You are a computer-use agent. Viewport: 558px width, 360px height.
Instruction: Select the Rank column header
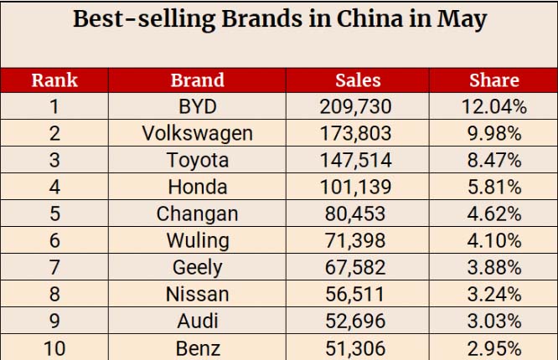point(54,80)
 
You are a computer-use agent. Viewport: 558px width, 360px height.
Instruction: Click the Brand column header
point(198,80)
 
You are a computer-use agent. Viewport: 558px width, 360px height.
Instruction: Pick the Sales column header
point(358,80)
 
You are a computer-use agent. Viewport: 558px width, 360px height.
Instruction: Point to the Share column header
point(494,80)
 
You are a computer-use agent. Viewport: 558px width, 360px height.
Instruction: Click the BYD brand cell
point(198,106)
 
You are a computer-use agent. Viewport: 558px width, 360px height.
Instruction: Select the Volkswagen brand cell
point(198,134)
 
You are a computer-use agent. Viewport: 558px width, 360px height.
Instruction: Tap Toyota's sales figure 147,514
point(356,160)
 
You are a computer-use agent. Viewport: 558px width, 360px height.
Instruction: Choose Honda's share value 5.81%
point(494,187)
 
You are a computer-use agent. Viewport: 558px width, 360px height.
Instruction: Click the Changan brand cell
point(198,214)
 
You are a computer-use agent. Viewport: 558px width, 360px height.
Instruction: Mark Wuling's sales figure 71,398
point(355,240)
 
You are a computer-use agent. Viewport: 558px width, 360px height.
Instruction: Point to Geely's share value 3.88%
point(494,267)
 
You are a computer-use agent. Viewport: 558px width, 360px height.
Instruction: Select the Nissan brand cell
point(198,294)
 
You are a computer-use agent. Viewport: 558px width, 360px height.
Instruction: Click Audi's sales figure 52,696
point(355,321)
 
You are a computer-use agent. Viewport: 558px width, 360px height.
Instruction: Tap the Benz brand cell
point(198,348)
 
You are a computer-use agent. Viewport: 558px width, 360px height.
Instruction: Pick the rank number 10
point(54,348)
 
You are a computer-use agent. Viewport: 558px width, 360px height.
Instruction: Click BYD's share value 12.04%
point(494,106)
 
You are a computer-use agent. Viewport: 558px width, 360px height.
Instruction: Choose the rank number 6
point(54,240)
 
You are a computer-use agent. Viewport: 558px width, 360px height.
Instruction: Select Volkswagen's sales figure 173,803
point(356,133)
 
